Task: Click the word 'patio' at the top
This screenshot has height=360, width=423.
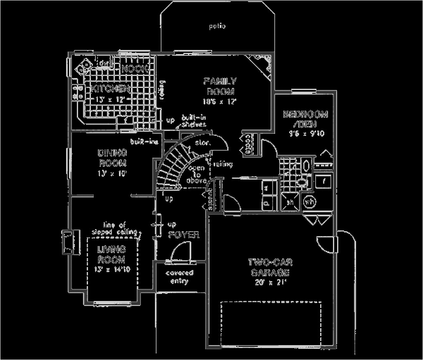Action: click(x=217, y=26)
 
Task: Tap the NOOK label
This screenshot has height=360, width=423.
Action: click(x=135, y=69)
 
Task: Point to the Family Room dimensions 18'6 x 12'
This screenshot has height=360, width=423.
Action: click(x=219, y=101)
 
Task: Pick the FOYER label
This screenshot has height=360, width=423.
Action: click(x=184, y=235)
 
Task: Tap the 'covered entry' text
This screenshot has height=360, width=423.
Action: click(x=179, y=277)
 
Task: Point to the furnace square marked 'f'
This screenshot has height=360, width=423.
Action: click(x=324, y=180)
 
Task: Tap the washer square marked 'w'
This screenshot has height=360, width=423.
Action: click(x=266, y=187)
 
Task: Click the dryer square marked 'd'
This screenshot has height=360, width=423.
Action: click(x=266, y=203)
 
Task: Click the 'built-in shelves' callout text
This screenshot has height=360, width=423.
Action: click(x=192, y=121)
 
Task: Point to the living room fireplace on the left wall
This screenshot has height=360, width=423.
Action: click(x=67, y=242)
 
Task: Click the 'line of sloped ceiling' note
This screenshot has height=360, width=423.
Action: click(x=120, y=228)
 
